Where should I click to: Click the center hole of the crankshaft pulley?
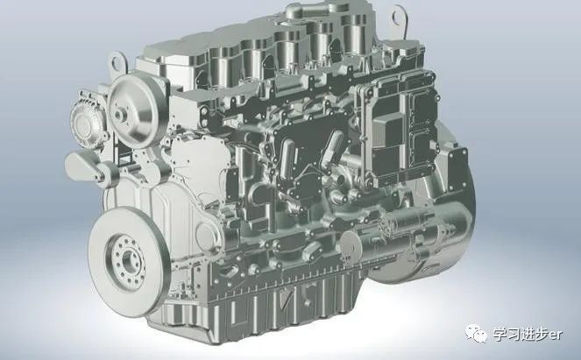(x=130, y=260)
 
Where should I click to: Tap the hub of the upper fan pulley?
(x=121, y=114)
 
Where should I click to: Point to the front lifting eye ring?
(x=118, y=63)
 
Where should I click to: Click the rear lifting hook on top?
(x=400, y=20)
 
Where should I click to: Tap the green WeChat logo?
(x=476, y=334)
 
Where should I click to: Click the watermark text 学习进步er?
(x=528, y=335)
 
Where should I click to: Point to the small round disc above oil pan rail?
(x=351, y=244)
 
